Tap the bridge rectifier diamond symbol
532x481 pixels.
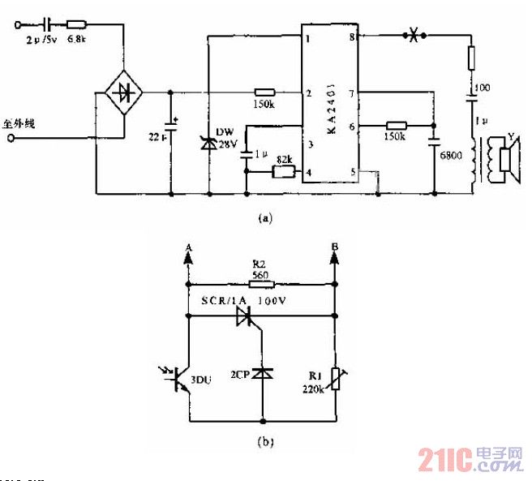tap(123, 92)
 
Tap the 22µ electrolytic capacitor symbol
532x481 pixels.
tap(171, 127)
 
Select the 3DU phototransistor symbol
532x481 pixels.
tap(182, 377)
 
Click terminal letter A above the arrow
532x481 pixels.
tap(187, 247)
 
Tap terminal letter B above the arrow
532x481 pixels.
tap(334, 246)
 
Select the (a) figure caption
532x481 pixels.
tap(265, 217)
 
